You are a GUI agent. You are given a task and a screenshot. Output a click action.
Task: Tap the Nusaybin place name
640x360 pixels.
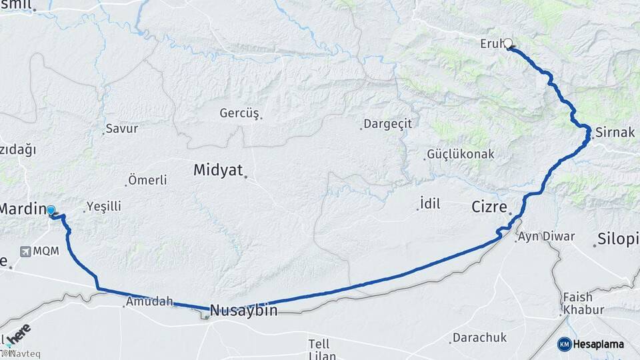(x=243, y=310)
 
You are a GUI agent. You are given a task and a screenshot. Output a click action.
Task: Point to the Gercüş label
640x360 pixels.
(x=239, y=113)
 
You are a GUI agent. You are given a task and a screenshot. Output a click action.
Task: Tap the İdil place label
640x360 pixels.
(x=430, y=204)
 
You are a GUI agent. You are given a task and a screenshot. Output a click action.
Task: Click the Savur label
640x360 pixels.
(x=122, y=129)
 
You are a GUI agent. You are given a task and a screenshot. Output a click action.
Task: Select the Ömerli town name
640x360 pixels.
(x=148, y=180)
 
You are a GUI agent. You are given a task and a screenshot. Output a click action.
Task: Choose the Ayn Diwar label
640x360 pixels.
(x=546, y=236)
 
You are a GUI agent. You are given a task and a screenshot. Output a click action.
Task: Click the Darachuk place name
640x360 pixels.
(x=479, y=338)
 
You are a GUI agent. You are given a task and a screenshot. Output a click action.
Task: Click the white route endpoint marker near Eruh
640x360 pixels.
(x=508, y=44)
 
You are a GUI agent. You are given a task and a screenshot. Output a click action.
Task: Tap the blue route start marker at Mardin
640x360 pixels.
(x=51, y=211)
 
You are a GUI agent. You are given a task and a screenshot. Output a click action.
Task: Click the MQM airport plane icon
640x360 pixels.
(x=25, y=251)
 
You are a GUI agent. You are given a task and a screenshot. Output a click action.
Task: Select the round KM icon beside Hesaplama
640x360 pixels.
(x=564, y=344)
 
